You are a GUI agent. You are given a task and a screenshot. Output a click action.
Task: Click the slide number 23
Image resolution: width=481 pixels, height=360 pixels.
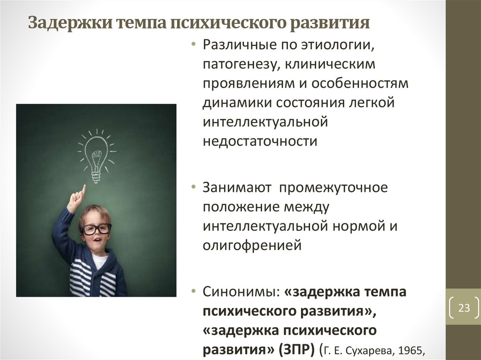[464, 308]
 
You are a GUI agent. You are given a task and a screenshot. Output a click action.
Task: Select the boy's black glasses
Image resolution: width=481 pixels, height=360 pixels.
[96, 229]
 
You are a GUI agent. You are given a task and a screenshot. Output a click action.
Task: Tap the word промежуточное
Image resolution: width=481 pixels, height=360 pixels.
[334, 188]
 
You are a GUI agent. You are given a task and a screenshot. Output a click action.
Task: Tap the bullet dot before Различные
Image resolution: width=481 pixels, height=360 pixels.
[194, 45]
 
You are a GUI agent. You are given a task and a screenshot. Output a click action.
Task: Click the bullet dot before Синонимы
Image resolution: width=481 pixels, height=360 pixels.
[194, 291]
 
